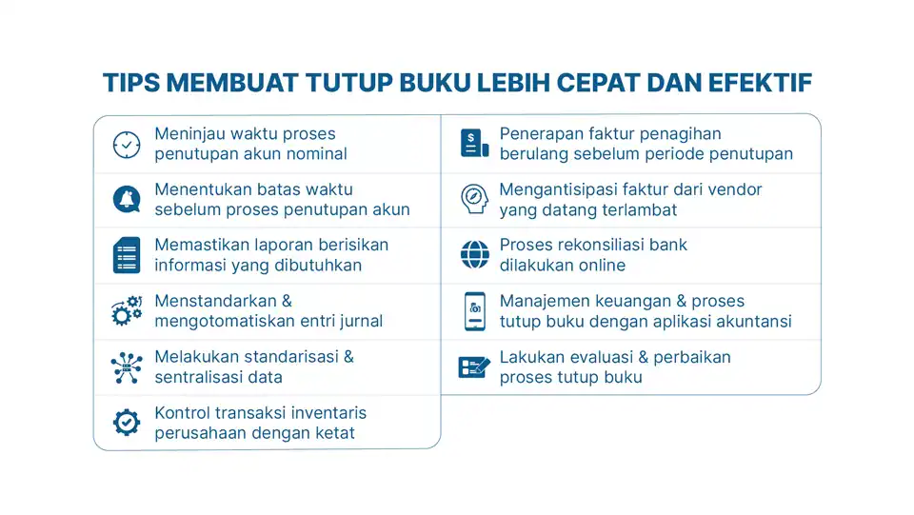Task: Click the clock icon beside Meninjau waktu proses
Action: [x=127, y=145]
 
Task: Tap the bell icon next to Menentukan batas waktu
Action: [x=127, y=200]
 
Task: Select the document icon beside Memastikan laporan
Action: [x=127, y=255]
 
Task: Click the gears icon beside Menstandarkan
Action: [x=127, y=311]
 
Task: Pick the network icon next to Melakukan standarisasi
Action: [x=127, y=366]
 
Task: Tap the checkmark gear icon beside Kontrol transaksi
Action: [x=127, y=422]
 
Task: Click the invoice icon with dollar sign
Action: [x=473, y=144]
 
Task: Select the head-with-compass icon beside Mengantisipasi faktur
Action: [x=473, y=199]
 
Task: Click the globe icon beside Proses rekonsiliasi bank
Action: [x=473, y=255]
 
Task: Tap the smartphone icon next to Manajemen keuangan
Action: [x=473, y=311]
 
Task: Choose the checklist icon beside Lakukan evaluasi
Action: [x=473, y=366]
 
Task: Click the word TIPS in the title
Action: [x=130, y=83]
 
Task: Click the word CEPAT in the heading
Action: [x=594, y=83]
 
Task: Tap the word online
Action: [x=599, y=266]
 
